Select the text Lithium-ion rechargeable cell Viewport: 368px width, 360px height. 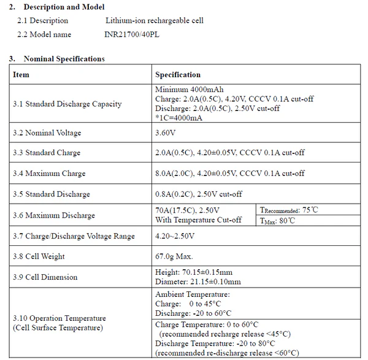pyautogui.click(x=154, y=21)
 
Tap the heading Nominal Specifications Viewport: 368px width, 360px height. pyautogui.click(x=64, y=59)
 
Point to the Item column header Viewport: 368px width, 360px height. pyautogui.click(x=21, y=75)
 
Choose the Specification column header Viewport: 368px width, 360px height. pyautogui.click(x=178, y=75)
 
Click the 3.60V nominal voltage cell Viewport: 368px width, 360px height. pyautogui.click(x=166, y=132)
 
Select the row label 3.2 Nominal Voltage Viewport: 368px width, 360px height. pyautogui.click(x=47, y=132)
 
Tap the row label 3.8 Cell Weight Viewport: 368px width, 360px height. pyautogui.click(x=39, y=256)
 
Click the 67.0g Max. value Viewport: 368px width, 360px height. pyautogui.click(x=174, y=256)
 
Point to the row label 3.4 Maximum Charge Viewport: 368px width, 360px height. pyautogui.click(x=47, y=174)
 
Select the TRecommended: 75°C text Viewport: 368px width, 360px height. pyautogui.click(x=288, y=210)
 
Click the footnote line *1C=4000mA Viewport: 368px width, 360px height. pyautogui.click(x=180, y=118)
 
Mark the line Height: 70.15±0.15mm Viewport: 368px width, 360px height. pyautogui.click(x=194, y=272)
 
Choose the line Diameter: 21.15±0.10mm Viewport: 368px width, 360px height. pyautogui.click(x=198, y=282)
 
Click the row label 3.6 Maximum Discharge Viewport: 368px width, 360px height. pyautogui.click(x=54, y=215)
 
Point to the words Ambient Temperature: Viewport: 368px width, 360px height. pyautogui.click(x=191, y=294)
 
